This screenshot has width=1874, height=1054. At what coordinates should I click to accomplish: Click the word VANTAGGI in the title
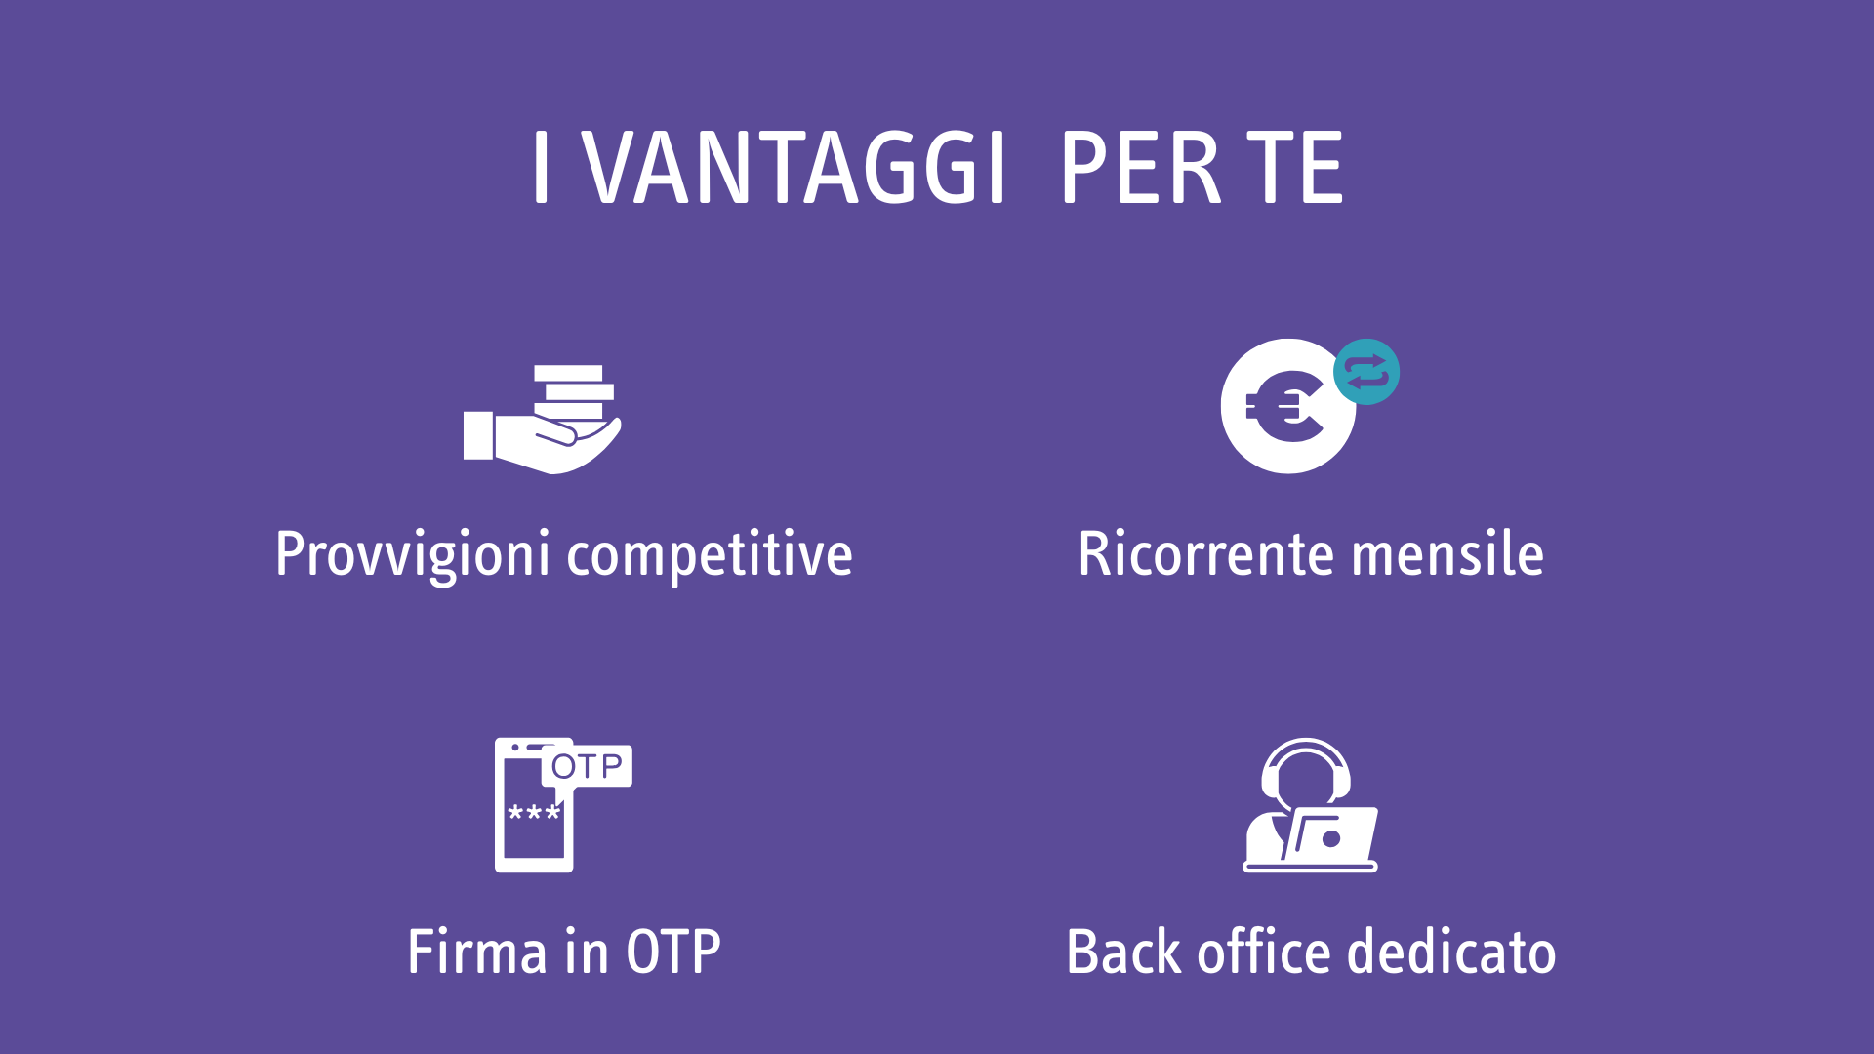click(794, 168)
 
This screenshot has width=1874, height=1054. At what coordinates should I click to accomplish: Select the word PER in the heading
click(1140, 168)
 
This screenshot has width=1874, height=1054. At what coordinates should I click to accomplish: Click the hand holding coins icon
click(543, 420)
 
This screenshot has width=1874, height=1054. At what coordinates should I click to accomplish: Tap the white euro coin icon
click(1286, 407)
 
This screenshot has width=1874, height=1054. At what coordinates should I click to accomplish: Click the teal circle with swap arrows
click(1366, 372)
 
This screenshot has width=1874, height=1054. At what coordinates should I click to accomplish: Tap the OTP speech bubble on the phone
click(587, 766)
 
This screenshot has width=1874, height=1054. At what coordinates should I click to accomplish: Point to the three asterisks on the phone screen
click(534, 813)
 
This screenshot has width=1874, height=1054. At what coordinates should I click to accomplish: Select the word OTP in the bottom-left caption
click(673, 952)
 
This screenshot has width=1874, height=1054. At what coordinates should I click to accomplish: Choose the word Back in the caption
click(1123, 952)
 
